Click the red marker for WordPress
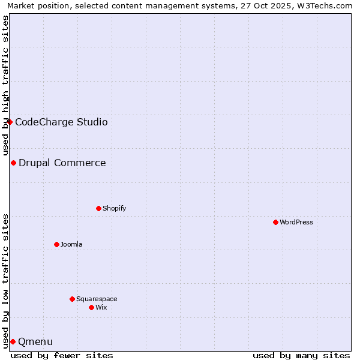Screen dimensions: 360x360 275,222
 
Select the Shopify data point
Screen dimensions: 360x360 98,208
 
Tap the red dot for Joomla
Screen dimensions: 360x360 56,244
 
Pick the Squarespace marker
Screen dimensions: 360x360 72,299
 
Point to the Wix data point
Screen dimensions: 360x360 91,307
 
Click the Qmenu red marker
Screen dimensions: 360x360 13,341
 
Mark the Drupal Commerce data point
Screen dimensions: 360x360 13,163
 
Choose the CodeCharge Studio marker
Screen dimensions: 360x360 10,122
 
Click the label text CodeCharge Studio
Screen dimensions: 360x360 61,122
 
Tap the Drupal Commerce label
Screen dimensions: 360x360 62,163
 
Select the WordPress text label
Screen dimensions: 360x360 296,222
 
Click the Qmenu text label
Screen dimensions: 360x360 35,342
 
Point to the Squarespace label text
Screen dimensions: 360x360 97,299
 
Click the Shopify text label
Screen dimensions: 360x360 114,208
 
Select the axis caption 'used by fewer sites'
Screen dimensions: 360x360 62,355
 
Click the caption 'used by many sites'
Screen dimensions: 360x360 301,355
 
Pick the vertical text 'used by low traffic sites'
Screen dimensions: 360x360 5,280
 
